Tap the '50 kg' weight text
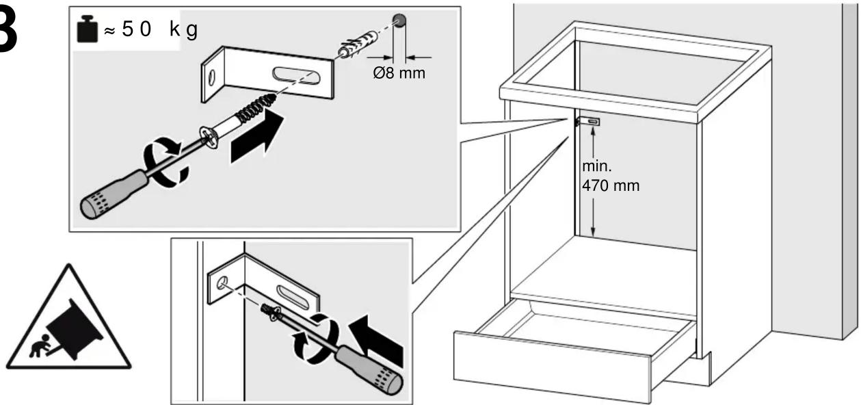(160, 29)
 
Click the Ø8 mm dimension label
(399, 73)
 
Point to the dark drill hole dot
(399, 21)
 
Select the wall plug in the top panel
(358, 44)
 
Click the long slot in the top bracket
(296, 75)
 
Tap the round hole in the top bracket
(212, 78)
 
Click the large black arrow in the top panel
(256, 137)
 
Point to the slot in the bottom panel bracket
(293, 297)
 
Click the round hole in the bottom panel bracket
(222, 283)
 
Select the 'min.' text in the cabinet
(596, 166)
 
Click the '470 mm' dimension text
(611, 186)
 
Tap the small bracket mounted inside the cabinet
(587, 122)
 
